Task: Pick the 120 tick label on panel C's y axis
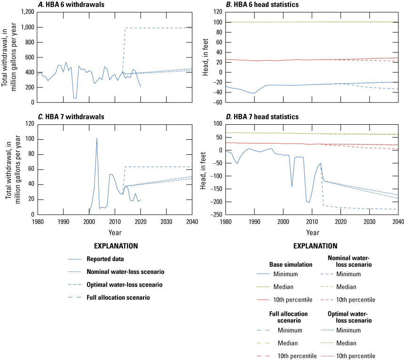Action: coord(28,124)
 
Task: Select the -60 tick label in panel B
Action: coord(218,103)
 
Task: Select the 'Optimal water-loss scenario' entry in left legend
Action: coord(124,285)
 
